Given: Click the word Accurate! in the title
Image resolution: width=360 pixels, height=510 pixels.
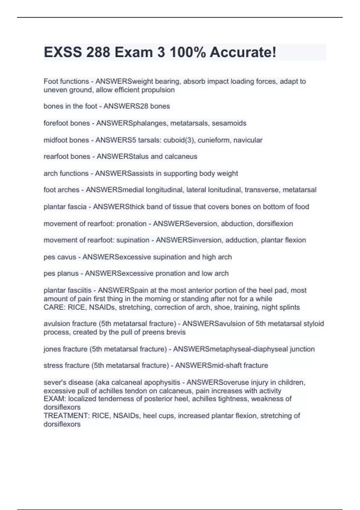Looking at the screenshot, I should (x=243, y=52).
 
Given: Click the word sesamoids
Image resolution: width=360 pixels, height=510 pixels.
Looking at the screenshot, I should (x=229, y=123).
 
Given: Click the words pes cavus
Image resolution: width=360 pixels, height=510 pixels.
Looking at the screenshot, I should (x=60, y=257).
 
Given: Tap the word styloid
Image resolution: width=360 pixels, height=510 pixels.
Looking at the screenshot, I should (x=313, y=324).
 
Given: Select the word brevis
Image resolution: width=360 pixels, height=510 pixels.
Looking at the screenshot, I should (x=177, y=332).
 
